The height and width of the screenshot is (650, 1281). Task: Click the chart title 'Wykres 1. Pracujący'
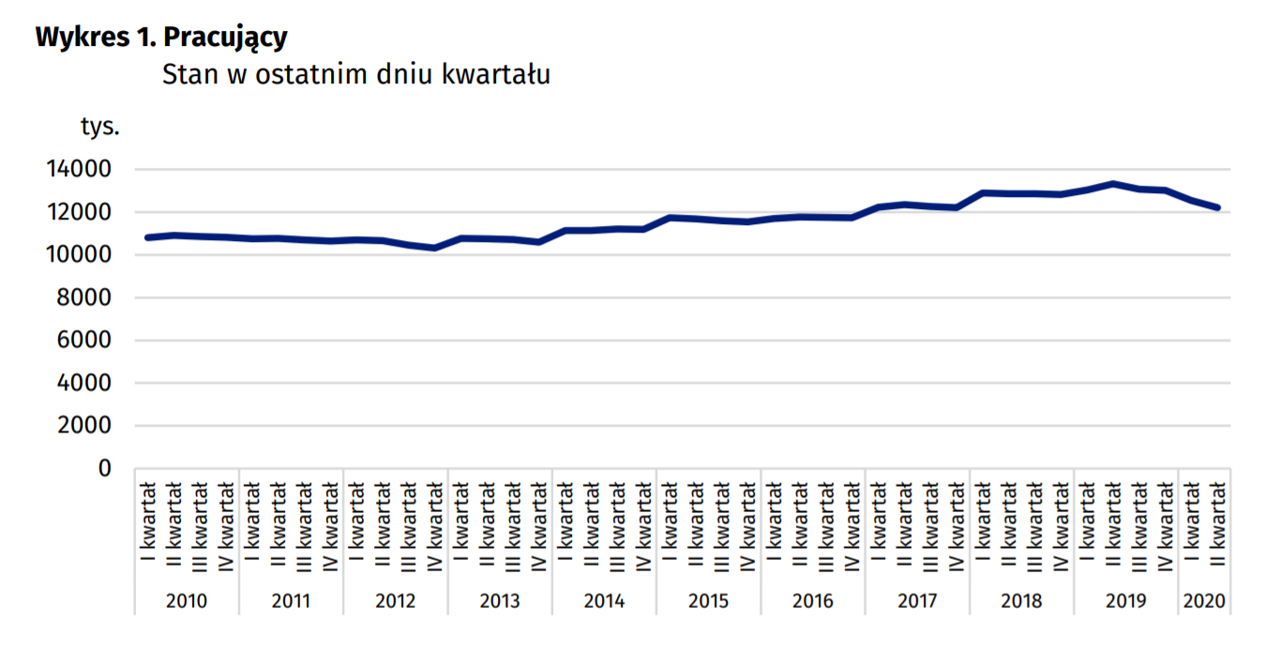tap(160, 38)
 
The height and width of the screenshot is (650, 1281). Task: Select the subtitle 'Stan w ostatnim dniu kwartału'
tap(355, 74)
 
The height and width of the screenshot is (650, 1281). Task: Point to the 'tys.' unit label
tap(100, 127)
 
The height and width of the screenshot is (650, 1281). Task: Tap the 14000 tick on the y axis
tap(77, 170)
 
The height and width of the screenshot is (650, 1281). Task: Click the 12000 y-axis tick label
tap(77, 212)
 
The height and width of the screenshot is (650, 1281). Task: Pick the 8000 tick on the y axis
tap(83, 297)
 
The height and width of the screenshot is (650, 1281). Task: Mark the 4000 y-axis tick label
tap(83, 383)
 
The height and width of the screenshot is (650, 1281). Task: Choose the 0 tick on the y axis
tap(105, 468)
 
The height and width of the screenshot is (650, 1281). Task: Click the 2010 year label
tap(188, 601)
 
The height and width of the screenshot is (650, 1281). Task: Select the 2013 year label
tap(500, 601)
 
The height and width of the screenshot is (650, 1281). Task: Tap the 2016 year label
tap(813, 601)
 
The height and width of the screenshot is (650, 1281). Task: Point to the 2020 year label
tap(1204, 601)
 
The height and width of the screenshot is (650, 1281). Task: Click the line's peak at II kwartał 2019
tap(1113, 184)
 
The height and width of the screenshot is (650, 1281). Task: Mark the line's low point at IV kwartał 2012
tap(435, 248)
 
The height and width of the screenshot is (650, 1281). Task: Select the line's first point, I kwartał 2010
tap(148, 237)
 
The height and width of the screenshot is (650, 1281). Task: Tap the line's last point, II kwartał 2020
tap(1217, 207)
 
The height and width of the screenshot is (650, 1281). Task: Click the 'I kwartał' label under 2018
tap(983, 524)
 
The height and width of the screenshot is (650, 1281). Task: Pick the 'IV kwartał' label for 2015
tap(747, 524)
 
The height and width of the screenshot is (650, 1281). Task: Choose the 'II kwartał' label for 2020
tap(1217, 524)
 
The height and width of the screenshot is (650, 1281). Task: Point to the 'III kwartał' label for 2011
tap(305, 524)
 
